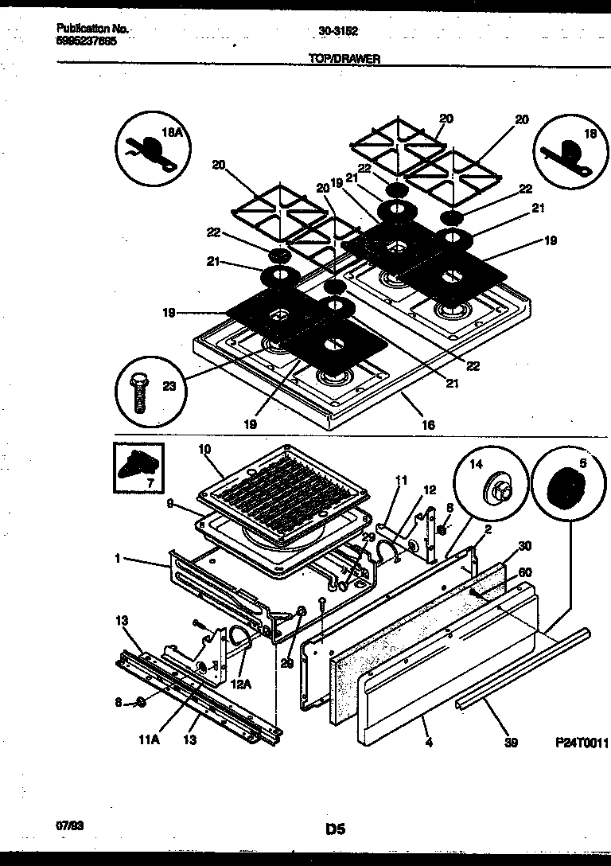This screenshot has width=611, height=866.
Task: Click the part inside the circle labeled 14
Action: pyautogui.click(x=499, y=489)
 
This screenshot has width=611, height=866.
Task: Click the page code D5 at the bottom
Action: pyautogui.click(x=335, y=829)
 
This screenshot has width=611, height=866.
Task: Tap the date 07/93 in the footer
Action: pyautogui.click(x=69, y=827)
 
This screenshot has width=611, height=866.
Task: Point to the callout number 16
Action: pyautogui.click(x=428, y=425)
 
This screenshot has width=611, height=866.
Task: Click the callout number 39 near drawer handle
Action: pyautogui.click(x=511, y=743)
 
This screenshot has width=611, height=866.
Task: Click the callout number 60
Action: pyautogui.click(x=525, y=571)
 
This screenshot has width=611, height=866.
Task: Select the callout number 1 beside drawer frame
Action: pyautogui.click(x=117, y=560)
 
